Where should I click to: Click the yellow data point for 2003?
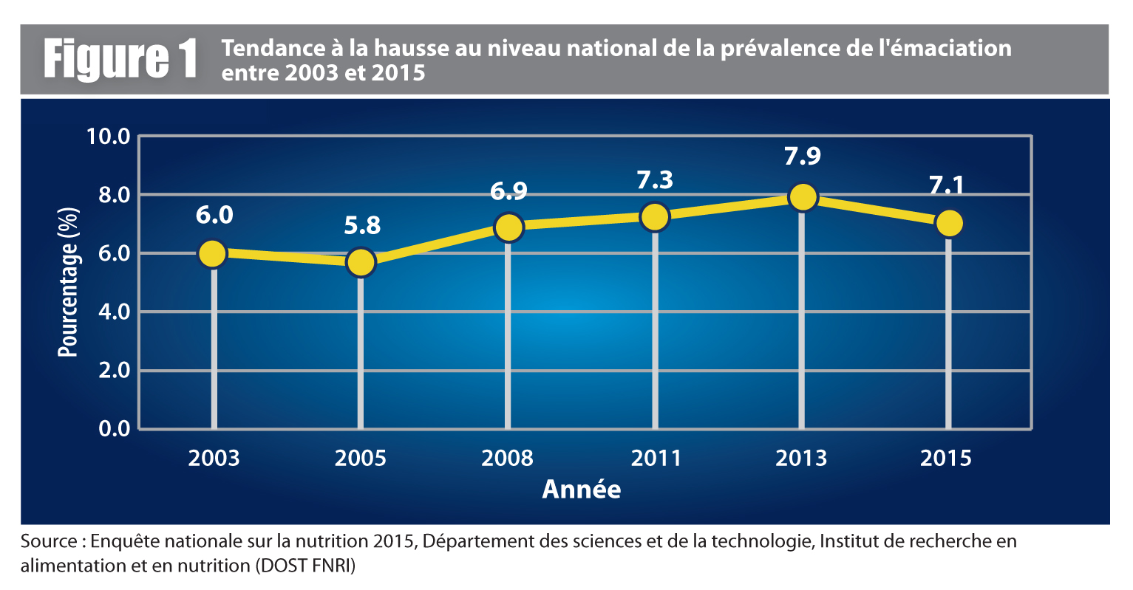point(212,254)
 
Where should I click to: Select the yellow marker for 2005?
point(361,262)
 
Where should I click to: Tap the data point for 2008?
point(508,227)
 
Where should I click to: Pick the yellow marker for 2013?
point(803,197)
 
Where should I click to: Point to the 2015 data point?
point(949,223)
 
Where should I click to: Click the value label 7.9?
point(803,157)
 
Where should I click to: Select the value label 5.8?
point(362,225)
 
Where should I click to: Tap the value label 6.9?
point(508,191)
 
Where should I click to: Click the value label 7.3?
point(655,180)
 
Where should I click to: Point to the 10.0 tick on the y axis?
point(108,137)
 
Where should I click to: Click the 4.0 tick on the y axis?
point(114,312)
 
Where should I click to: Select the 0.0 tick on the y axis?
point(114,428)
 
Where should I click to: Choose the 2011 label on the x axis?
point(656,459)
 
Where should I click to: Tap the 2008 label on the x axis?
point(507,459)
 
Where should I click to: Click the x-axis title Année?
point(582,490)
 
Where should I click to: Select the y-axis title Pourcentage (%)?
point(68,282)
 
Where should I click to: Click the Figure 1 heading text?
point(121,59)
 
